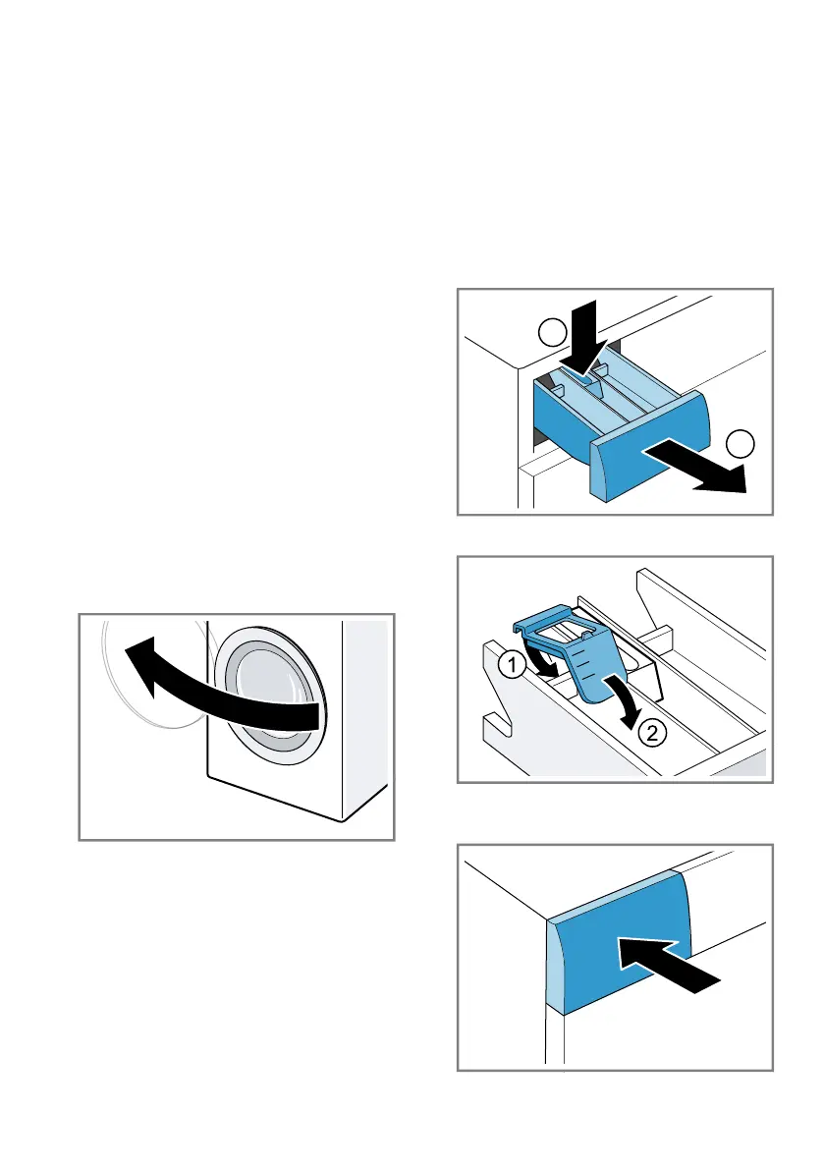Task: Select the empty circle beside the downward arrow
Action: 553,332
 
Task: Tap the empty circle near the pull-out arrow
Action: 740,444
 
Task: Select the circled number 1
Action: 513,664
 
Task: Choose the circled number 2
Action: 652,733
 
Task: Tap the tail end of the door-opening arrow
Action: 320,718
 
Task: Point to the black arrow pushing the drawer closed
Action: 668,964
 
